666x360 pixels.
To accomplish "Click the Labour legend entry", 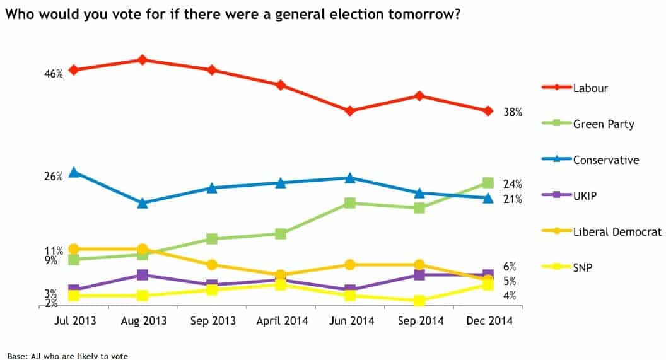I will click(590, 88).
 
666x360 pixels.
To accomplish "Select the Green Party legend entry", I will click(603, 124).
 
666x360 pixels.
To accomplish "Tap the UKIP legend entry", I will click(585, 195).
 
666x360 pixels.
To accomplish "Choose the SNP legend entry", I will click(583, 267).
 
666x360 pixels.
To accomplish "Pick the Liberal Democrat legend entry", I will click(617, 232).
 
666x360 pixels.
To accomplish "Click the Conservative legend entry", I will click(605, 160).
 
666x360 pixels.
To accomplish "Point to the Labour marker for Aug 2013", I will click(143, 60).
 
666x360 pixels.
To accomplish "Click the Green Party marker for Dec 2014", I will click(488, 183).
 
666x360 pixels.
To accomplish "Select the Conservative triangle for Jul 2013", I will click(74, 172).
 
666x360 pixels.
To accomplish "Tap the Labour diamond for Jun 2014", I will click(349, 111).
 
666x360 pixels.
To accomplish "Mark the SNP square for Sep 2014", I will click(419, 301).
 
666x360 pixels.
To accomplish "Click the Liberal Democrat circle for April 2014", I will click(281, 275).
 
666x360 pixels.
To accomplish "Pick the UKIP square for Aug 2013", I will click(143, 275).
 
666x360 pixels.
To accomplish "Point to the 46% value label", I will click(53, 74).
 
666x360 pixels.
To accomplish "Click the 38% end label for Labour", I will click(512, 113).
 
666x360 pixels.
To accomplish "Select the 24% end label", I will click(512, 184).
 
